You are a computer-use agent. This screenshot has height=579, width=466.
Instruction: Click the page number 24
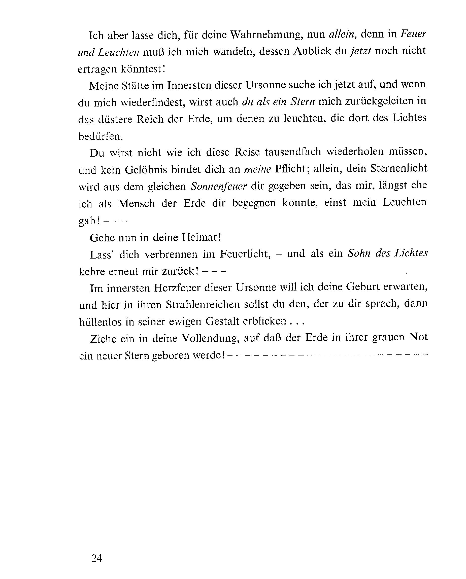[97, 558]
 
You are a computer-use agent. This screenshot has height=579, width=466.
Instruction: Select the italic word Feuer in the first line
[413, 34]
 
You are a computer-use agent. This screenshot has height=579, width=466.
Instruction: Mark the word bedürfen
[101, 136]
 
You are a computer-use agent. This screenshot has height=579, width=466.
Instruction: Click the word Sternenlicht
[398, 168]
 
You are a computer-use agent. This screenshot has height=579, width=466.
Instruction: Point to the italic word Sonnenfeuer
[218, 186]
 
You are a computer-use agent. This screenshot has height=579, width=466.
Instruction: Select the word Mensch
[137, 203]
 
